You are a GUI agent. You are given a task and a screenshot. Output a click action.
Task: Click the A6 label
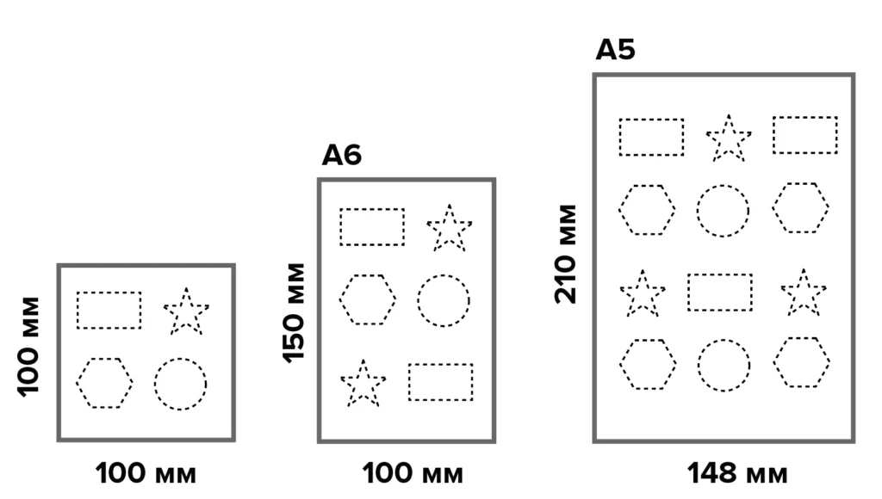341,155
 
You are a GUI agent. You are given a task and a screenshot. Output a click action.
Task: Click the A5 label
615,49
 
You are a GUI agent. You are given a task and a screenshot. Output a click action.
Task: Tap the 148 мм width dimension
737,473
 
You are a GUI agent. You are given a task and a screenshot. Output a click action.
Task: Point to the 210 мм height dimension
566,254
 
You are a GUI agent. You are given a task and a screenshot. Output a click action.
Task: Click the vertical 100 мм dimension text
28,348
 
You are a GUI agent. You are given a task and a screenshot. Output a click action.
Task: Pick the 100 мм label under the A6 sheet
413,473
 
